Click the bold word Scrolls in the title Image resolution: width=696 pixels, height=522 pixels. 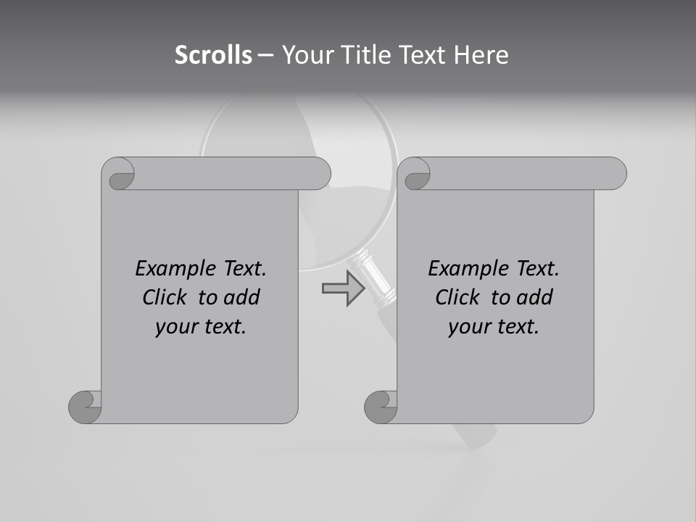213,54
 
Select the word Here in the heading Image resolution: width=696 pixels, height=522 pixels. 481,54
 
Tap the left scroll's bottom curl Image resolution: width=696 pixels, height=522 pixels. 86,407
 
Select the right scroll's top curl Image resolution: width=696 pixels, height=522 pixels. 416,175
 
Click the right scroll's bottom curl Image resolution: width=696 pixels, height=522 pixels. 381,407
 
